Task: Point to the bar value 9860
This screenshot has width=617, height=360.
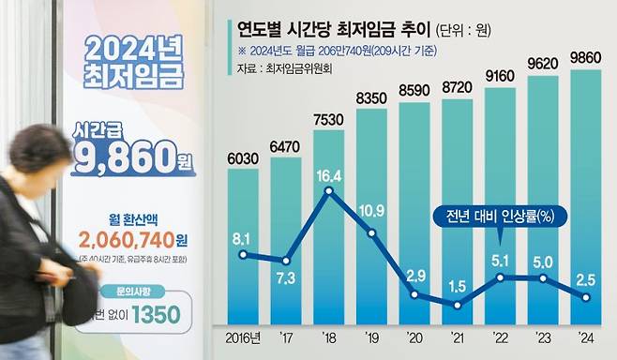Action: coord(586,57)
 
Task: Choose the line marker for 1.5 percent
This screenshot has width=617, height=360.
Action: coord(458,305)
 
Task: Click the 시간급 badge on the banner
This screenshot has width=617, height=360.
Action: coord(97,127)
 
